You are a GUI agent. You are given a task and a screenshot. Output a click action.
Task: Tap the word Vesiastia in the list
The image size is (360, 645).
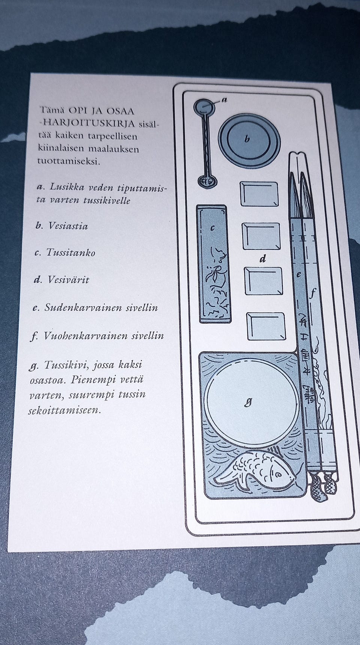click(x=68, y=226)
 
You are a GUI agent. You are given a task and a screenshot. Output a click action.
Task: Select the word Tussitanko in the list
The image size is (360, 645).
click(x=70, y=253)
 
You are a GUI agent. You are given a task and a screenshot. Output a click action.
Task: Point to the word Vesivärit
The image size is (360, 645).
click(x=68, y=280)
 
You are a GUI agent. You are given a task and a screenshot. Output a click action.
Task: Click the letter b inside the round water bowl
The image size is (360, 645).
click(x=247, y=140)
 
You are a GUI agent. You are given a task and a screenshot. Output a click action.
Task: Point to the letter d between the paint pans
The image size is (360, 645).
click(x=263, y=259)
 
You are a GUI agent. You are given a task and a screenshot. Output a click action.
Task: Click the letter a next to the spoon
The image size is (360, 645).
click(x=224, y=99)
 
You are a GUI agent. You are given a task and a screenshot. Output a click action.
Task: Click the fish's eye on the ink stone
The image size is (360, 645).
click(x=277, y=474)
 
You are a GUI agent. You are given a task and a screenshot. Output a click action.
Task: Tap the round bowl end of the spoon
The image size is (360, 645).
click(x=204, y=107)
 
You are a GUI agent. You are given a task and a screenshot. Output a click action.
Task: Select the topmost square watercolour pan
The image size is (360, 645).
click(x=259, y=194)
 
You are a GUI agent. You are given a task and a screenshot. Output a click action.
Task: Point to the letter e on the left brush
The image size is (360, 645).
click(x=299, y=274)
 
